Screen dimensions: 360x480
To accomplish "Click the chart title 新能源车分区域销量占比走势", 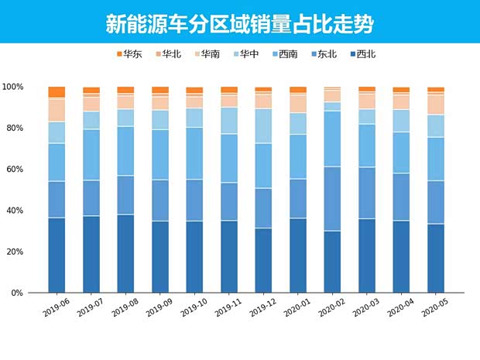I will [x=239, y=23].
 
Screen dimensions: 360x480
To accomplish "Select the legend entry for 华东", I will [x=128, y=54].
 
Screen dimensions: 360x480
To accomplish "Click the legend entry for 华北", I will [x=168, y=54].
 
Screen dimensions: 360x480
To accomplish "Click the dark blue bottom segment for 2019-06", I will [x=57, y=255].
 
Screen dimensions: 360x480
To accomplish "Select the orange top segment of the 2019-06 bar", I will [x=57, y=91].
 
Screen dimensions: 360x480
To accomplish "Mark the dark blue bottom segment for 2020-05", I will [x=436, y=259].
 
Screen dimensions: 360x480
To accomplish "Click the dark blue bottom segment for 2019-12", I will [x=263, y=261].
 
